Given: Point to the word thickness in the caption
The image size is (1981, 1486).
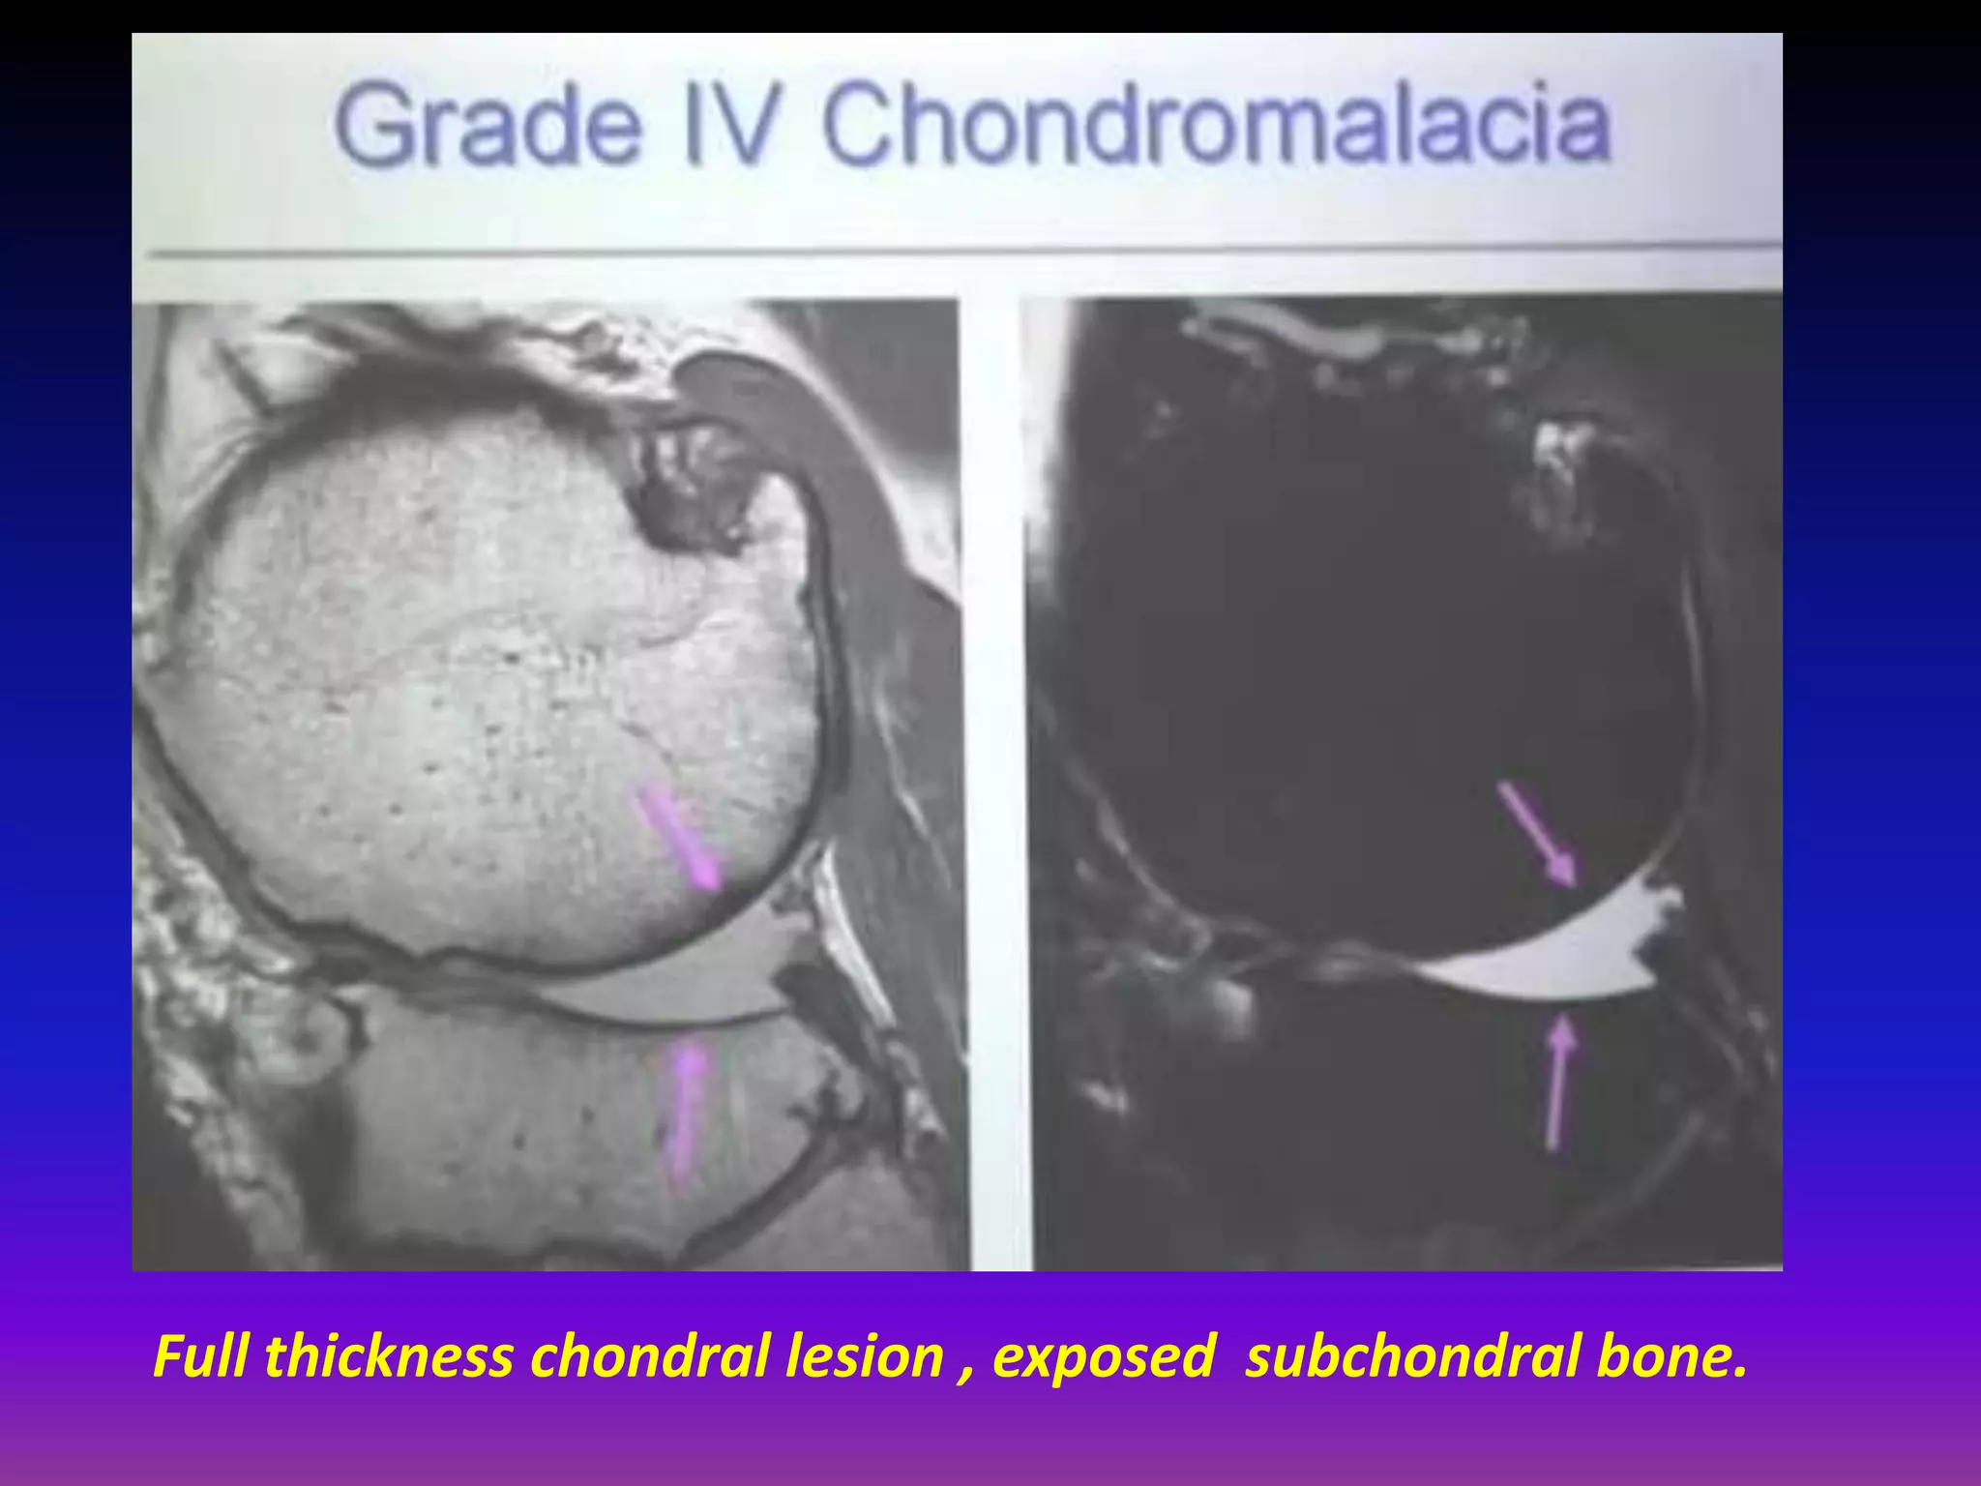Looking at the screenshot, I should (389, 1356).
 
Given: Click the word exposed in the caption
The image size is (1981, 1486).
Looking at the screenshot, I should (1103, 1356).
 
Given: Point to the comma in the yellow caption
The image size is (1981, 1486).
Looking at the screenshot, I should (967, 1374).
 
